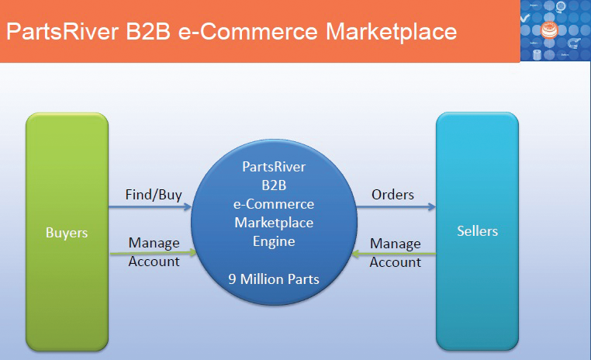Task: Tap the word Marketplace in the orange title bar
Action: [x=391, y=32]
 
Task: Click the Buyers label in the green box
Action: [x=66, y=232]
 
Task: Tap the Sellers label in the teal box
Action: [x=478, y=230]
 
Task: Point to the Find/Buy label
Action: [x=153, y=194]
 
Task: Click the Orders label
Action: [x=392, y=194]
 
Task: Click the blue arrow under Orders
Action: [x=396, y=208]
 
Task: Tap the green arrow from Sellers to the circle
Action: [x=396, y=252]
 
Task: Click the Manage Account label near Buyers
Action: [x=154, y=252]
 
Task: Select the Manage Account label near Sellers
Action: [x=396, y=253]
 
